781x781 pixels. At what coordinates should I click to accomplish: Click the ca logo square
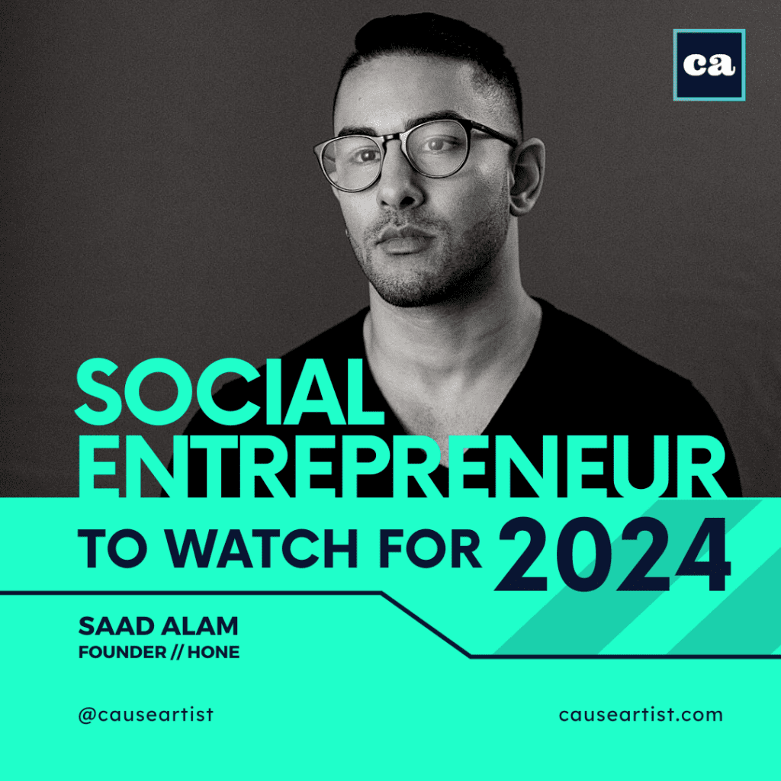(709, 65)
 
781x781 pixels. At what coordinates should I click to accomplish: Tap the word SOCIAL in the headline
(230, 395)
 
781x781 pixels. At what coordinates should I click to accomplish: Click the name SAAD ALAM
(158, 627)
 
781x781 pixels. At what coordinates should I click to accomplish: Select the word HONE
(217, 653)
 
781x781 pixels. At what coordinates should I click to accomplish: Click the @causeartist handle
(146, 715)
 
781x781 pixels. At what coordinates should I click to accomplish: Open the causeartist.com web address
(640, 715)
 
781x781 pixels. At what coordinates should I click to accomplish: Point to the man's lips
(404, 239)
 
